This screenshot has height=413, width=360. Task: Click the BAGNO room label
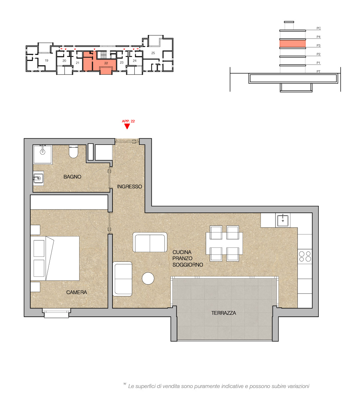(72, 177)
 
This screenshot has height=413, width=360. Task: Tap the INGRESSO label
(129, 187)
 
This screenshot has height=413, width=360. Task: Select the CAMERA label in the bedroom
(77, 292)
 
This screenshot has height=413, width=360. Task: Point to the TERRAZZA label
(224, 313)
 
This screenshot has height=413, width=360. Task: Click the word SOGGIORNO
(188, 265)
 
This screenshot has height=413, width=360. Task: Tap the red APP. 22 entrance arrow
(127, 126)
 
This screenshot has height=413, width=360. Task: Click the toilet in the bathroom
(74, 152)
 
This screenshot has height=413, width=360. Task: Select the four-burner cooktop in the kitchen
(305, 256)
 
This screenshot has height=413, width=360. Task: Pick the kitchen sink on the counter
(283, 220)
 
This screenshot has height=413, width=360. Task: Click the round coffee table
(148, 278)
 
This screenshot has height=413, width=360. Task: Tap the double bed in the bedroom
(55, 258)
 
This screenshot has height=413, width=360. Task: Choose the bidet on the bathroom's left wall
(38, 179)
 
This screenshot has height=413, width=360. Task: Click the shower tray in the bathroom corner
(43, 154)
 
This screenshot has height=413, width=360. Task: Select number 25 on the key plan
(153, 53)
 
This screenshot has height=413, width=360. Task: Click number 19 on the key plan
(47, 60)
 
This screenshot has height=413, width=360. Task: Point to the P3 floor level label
(318, 45)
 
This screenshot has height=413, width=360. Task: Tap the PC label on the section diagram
(318, 28)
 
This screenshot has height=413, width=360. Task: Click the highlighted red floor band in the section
(292, 44)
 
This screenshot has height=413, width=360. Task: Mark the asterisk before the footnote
(125, 384)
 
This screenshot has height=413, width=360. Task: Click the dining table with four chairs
(224, 243)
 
